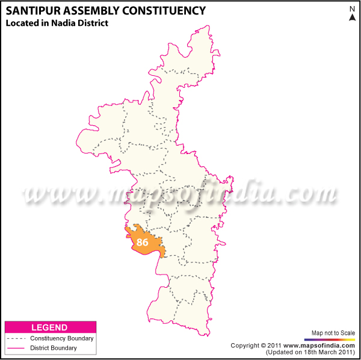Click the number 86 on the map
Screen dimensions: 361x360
click(x=143, y=243)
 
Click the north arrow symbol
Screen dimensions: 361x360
click(x=352, y=17)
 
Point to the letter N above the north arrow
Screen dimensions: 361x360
click(x=352, y=8)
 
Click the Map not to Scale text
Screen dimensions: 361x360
click(x=333, y=333)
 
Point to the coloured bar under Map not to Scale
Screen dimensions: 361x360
click(x=333, y=340)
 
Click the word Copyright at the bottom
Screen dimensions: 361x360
click(x=245, y=345)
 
